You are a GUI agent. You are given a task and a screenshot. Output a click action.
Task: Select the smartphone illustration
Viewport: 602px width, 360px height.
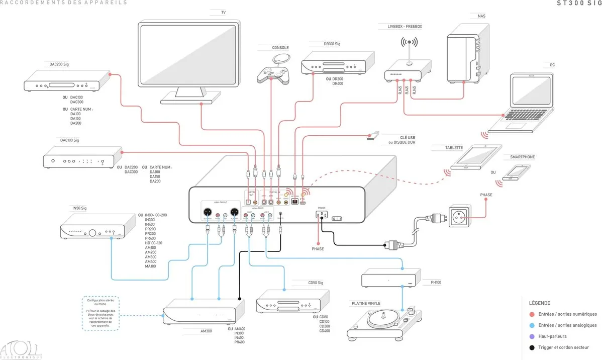517,172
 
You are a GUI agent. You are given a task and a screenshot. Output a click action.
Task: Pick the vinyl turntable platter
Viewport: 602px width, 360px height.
384,319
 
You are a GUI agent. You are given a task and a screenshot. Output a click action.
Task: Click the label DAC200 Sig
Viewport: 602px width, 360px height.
59,64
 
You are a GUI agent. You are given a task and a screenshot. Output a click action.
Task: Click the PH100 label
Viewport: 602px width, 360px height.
436,283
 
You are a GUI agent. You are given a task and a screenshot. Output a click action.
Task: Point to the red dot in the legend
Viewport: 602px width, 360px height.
532,314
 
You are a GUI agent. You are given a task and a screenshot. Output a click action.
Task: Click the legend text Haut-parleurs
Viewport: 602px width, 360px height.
552,336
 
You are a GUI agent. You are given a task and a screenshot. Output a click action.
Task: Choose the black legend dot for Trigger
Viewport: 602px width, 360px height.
532,347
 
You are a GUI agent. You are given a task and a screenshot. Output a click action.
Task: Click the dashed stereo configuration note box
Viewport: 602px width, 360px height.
101,313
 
